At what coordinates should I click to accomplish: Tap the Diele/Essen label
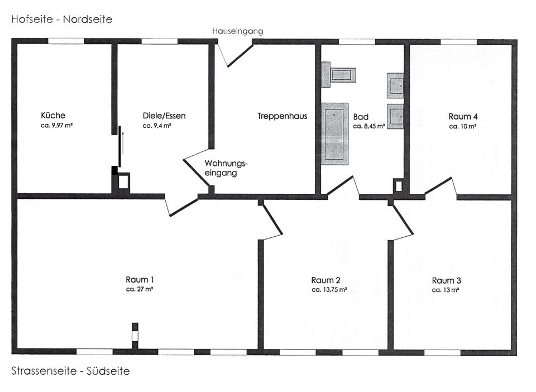click(164, 116)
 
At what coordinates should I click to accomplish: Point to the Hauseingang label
click(237, 31)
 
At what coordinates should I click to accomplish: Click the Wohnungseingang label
click(226, 168)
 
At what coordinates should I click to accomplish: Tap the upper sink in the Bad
click(396, 85)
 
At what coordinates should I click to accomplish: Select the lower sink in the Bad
click(396, 117)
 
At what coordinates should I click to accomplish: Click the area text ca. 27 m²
click(140, 290)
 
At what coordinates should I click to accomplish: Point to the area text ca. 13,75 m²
click(329, 290)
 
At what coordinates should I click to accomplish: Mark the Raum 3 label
click(447, 280)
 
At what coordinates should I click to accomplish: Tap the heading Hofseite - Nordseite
click(61, 20)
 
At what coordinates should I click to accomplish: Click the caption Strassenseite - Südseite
click(70, 371)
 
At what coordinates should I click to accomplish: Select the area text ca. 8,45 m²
click(369, 126)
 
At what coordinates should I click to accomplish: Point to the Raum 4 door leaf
click(439, 185)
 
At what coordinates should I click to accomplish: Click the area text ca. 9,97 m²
click(58, 126)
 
